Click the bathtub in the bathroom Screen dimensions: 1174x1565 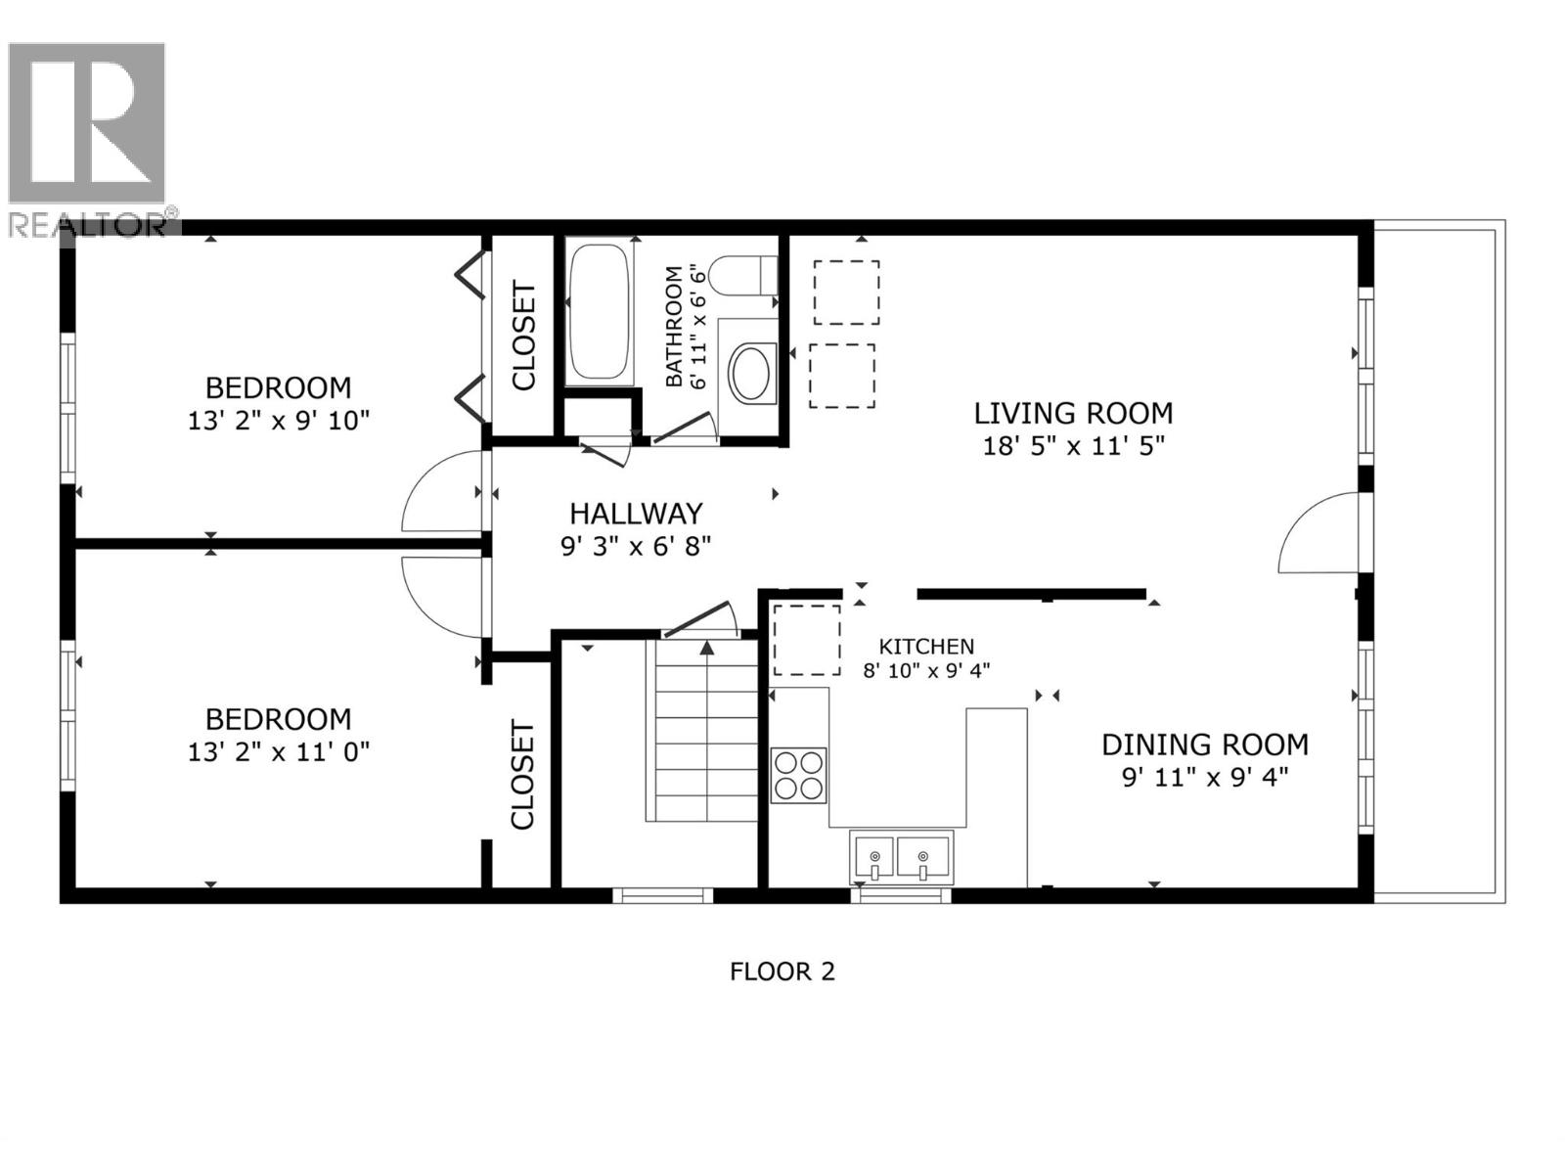click(x=598, y=311)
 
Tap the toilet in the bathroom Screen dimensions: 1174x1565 click(x=742, y=275)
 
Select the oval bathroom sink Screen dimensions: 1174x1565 click(x=750, y=373)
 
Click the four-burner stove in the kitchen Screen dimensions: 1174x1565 click(x=798, y=775)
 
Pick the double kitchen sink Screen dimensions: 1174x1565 click(x=900, y=857)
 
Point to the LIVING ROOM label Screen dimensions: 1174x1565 click(x=1073, y=413)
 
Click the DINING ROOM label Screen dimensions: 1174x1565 click(x=1204, y=745)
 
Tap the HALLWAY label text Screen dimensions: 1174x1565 click(x=636, y=513)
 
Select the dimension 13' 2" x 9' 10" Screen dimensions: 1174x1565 click(x=278, y=421)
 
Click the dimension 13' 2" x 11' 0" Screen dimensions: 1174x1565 click(x=278, y=752)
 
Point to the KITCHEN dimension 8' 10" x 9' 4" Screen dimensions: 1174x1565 click(x=925, y=670)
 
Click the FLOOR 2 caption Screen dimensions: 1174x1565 click(x=782, y=971)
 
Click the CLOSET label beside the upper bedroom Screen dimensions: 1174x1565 click(x=524, y=336)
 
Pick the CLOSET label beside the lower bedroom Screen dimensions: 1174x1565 click(x=522, y=775)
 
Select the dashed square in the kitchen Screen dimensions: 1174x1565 click(x=807, y=640)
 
